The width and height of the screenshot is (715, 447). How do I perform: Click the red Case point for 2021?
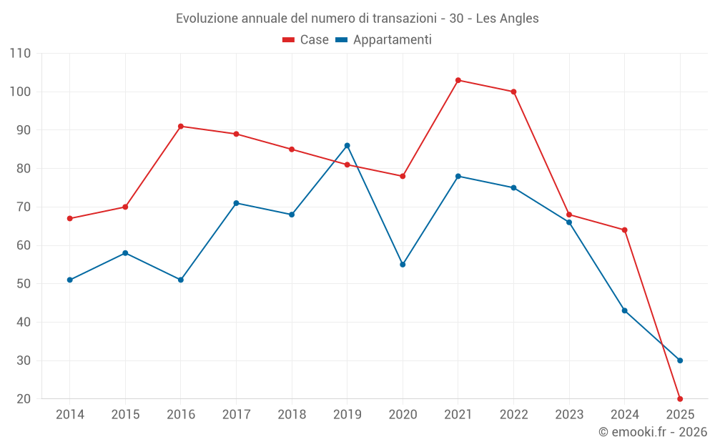coord(458,80)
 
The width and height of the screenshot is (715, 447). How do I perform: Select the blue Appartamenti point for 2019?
coord(347,146)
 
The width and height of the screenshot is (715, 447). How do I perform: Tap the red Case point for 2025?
coord(680,399)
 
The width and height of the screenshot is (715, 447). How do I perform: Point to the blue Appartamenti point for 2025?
coord(680,360)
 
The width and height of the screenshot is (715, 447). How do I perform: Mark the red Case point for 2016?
coord(181,127)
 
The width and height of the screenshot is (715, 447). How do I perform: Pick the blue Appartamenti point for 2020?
coord(403,265)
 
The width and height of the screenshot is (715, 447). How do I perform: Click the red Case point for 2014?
coord(70,219)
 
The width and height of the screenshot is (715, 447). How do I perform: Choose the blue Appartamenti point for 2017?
coord(236,203)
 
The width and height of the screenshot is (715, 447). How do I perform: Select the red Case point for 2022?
coord(513,92)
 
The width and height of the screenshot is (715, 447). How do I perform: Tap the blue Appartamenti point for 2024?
coord(624,310)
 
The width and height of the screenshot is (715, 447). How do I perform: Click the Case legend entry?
coord(306,40)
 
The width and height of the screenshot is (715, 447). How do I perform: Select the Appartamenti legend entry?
coord(384,40)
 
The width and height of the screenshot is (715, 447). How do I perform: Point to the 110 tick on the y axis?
coord(21,54)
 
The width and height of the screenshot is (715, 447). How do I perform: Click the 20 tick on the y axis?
coord(24,399)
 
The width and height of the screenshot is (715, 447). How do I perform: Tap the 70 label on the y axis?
coord(24,207)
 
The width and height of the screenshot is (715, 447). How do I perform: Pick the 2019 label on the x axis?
coord(347,415)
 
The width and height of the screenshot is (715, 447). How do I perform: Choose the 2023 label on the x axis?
coord(569,415)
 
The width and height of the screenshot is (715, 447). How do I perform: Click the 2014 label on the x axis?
coord(70,415)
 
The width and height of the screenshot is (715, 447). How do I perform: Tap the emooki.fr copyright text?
coord(653,432)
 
